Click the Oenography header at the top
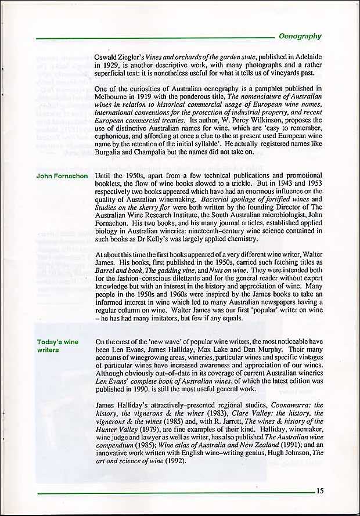tap(300, 36)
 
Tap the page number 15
tap(320, 490)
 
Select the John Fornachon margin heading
tap(62, 176)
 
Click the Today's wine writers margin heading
tap(57, 346)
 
